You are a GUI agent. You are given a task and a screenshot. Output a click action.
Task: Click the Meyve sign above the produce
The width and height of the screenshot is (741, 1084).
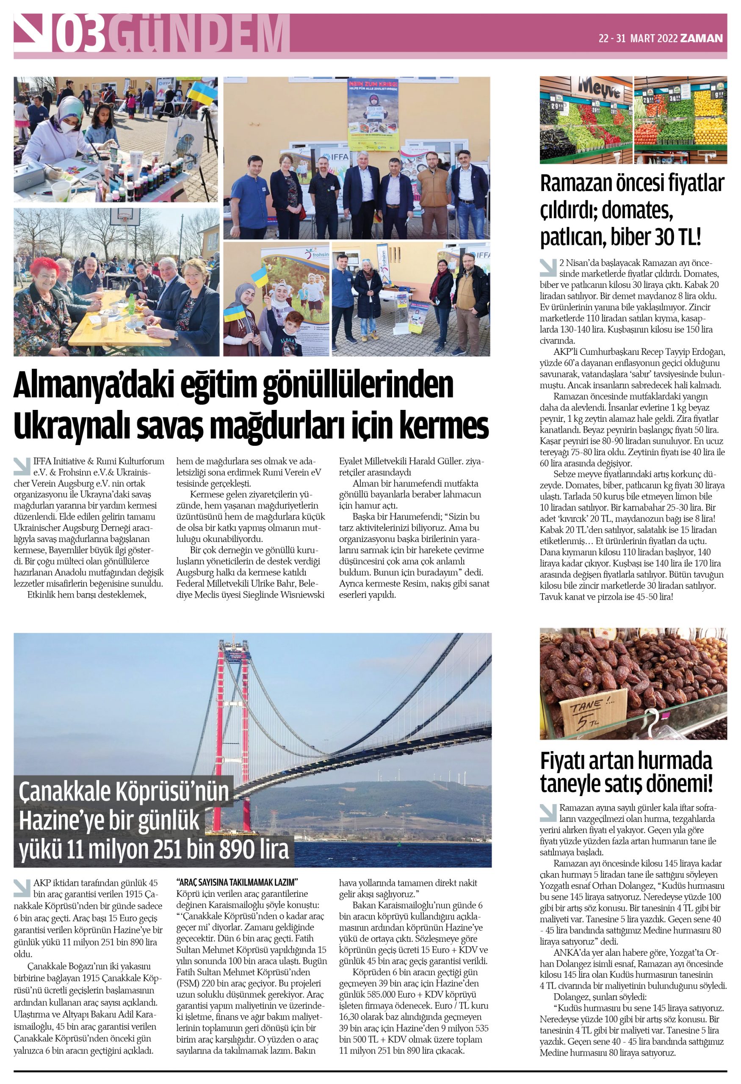(x=599, y=87)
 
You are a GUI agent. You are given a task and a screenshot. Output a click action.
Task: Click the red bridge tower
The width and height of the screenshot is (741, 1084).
(x=233, y=727)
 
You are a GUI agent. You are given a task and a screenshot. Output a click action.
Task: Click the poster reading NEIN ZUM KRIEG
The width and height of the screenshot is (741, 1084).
(x=373, y=107)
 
